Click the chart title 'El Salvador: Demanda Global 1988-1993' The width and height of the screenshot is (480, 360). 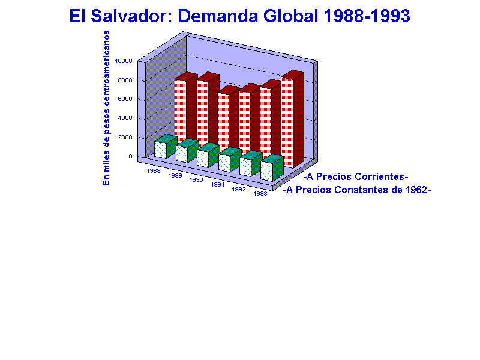point(239,16)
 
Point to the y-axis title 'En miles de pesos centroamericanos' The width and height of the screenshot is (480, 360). point(106,108)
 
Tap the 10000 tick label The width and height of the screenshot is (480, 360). point(124,61)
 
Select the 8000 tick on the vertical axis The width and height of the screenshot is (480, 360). point(125,80)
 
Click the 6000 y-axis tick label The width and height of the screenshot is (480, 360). point(125,99)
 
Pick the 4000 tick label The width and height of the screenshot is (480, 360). point(125,118)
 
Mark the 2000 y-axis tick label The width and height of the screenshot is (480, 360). point(125,137)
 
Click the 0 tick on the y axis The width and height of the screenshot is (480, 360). point(130,157)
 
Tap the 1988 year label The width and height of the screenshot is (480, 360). point(154,171)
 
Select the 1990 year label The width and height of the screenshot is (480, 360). point(196,179)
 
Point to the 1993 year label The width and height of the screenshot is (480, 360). point(260,193)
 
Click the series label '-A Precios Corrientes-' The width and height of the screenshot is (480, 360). point(356,176)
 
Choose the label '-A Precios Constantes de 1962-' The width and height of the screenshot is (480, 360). point(357,190)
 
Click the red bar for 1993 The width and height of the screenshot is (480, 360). point(293,119)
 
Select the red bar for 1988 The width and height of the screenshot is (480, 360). point(186,108)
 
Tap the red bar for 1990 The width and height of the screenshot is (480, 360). point(229,119)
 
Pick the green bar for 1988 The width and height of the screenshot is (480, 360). point(166,146)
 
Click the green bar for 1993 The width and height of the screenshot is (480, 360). point(272,168)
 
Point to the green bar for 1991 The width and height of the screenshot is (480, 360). point(230,160)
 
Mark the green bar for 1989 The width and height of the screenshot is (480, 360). point(187,151)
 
